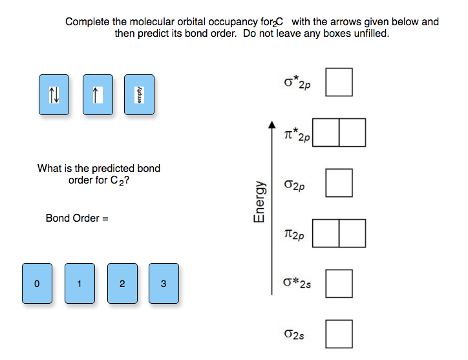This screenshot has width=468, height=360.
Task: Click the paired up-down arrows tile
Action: [x=54, y=95]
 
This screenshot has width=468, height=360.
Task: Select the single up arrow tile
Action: [x=97, y=95]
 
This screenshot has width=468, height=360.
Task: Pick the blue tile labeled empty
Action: [x=138, y=95]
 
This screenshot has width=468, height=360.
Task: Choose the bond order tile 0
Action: [x=37, y=283]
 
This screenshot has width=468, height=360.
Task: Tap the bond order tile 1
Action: [x=79, y=283]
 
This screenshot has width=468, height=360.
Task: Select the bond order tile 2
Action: [x=122, y=283]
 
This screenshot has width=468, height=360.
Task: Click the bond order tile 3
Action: [x=163, y=283]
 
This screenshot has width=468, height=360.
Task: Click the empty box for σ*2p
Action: [x=339, y=83]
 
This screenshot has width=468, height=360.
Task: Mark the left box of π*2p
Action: [x=326, y=132]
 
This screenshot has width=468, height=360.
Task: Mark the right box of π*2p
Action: [x=352, y=132]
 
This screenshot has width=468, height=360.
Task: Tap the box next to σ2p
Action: [x=339, y=183]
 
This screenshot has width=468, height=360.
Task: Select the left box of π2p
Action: [x=326, y=233]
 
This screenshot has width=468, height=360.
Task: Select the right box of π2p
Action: [x=352, y=233]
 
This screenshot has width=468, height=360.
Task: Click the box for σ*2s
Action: [x=339, y=283]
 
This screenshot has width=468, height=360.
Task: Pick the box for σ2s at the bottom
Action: [x=339, y=334]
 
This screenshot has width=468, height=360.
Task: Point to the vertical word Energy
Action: [x=260, y=201]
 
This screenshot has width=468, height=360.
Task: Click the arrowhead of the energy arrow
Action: [x=272, y=124]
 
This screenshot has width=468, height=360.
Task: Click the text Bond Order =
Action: [x=77, y=218]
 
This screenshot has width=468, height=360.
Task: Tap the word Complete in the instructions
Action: [x=87, y=22]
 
